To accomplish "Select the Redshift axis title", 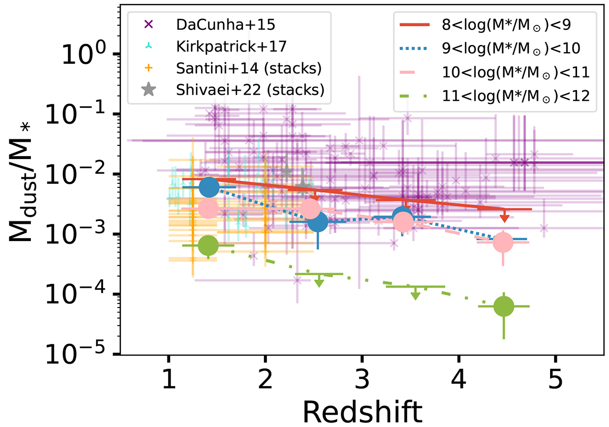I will (362, 411).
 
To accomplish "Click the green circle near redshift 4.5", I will (503, 306).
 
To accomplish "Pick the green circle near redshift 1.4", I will (208, 245).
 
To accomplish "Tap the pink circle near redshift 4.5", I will (503, 243).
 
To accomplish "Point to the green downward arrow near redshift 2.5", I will (319, 282).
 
